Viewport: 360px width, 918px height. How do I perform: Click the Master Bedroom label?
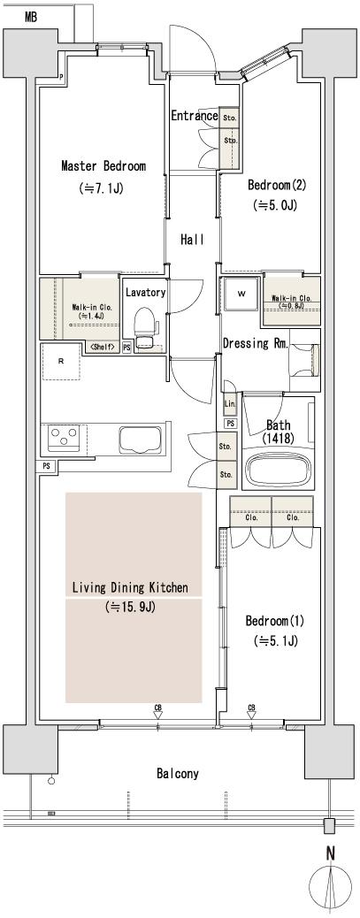[x=103, y=166]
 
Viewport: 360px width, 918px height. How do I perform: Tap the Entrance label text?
[x=194, y=116]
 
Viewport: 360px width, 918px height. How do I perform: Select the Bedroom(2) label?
[x=276, y=186]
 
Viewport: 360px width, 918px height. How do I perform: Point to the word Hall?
[x=192, y=240]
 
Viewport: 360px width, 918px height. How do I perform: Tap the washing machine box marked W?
[x=241, y=295]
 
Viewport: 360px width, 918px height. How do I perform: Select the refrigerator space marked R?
[x=60, y=362]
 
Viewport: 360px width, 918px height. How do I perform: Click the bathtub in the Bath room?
[x=278, y=470]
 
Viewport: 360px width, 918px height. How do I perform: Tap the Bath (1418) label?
[x=279, y=431]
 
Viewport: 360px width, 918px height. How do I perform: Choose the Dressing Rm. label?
[x=254, y=343]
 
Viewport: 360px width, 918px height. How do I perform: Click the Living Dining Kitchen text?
[x=135, y=587]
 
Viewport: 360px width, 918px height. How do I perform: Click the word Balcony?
[x=178, y=773]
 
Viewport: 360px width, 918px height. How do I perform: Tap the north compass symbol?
[x=330, y=888]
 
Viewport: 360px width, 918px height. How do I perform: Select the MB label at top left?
[x=30, y=17]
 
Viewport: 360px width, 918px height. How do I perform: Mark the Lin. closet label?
[x=230, y=404]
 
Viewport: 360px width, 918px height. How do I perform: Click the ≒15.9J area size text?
[x=131, y=608]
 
